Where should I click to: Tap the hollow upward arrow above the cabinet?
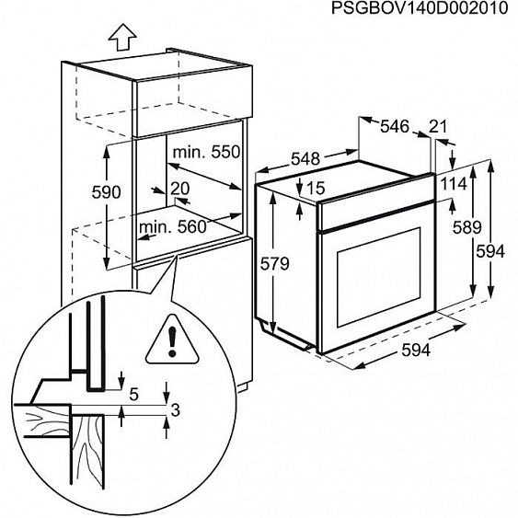pos(120,39)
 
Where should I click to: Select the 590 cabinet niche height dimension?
pos(106,192)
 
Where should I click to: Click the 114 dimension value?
pos(453,183)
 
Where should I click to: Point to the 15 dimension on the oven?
pos(317,188)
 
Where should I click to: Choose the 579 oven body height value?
pos(273,264)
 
